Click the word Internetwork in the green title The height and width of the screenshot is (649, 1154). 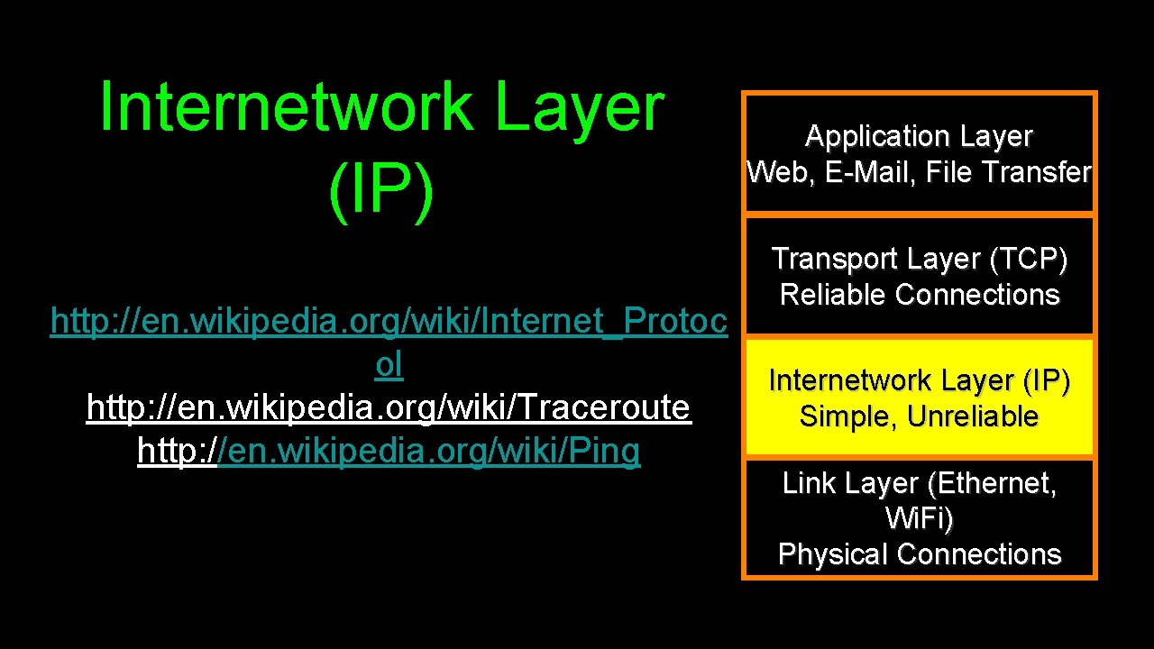point(288,107)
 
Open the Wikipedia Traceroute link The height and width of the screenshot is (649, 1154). point(389,407)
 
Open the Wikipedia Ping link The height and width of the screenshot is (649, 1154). point(389,451)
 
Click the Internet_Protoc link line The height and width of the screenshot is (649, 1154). point(389,321)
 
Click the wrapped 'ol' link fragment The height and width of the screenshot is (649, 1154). point(389,364)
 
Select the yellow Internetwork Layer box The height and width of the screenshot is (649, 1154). point(919,398)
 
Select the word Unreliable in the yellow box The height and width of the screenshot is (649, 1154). point(973,416)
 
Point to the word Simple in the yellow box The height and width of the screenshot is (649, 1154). point(847,416)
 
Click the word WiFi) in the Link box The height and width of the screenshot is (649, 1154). point(919,519)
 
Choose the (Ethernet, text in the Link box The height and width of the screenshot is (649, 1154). point(991,484)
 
